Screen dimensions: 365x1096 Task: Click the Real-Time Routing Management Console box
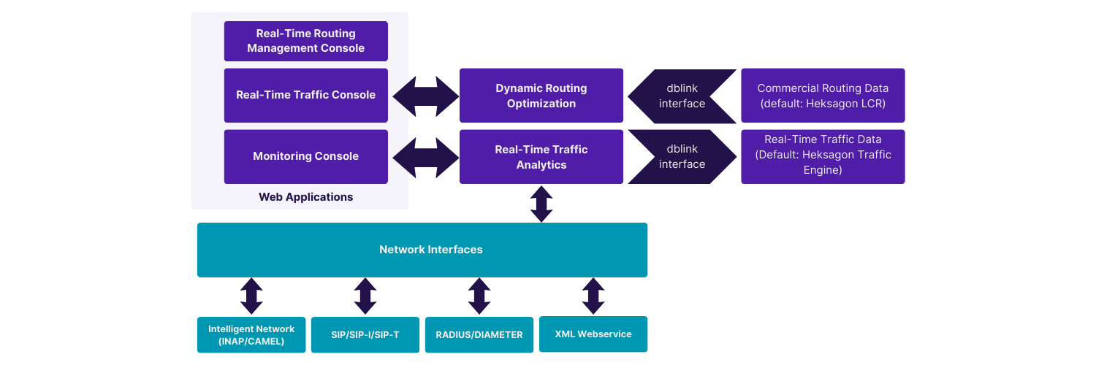point(305,41)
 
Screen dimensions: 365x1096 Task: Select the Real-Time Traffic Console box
point(305,95)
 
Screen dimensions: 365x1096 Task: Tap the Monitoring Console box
point(305,156)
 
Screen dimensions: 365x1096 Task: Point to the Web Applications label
point(305,197)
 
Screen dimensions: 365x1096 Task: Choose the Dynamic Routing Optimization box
point(541,96)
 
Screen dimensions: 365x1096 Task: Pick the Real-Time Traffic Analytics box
point(541,157)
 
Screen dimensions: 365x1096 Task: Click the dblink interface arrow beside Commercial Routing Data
point(682,96)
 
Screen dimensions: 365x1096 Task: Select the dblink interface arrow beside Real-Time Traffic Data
point(682,157)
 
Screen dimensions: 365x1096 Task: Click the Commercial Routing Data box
point(823,96)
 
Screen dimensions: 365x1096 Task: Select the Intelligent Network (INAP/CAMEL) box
point(251,334)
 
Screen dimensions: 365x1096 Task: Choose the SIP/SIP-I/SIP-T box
point(365,334)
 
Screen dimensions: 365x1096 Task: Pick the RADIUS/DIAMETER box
point(479,334)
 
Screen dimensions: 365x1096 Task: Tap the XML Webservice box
point(593,334)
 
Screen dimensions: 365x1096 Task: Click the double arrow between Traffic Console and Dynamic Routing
point(425,96)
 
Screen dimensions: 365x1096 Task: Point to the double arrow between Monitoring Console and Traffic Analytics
point(425,157)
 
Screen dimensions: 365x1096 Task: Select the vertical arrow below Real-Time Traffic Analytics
point(541,204)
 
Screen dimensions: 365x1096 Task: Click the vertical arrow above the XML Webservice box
point(593,296)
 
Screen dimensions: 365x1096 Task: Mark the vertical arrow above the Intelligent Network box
point(251,296)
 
